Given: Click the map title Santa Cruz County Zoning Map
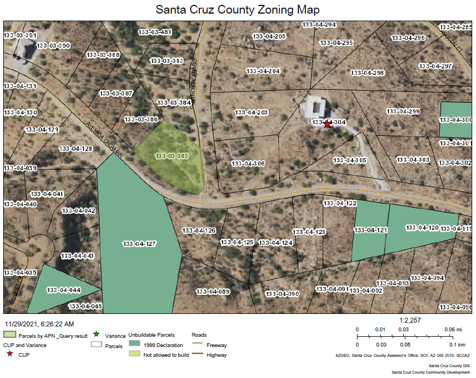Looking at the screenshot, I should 237,10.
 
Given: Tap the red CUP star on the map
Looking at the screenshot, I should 327,124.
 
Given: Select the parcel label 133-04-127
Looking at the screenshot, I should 140,243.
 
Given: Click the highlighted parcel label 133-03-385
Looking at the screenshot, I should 172,156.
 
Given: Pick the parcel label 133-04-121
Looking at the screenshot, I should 371,230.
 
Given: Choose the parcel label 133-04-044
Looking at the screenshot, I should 64,290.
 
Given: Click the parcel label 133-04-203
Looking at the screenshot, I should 251,112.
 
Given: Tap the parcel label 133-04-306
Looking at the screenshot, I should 248,163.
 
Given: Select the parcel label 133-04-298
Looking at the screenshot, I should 367,73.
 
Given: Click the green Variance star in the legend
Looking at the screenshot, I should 96,334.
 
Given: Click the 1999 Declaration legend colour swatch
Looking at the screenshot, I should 134,344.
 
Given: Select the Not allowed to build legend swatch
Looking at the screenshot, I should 134,354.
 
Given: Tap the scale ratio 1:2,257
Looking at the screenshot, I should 411,320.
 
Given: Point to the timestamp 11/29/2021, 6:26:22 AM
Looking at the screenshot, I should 39,324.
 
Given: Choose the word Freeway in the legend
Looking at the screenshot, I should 217,345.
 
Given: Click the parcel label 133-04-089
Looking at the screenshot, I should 214,292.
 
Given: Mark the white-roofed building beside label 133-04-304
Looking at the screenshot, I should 315,106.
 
